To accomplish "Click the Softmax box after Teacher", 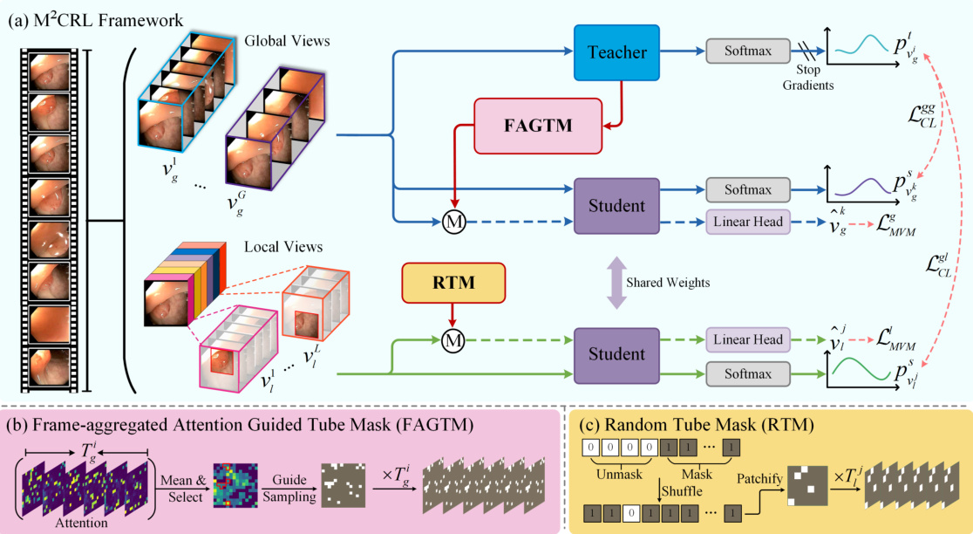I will [x=747, y=51].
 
